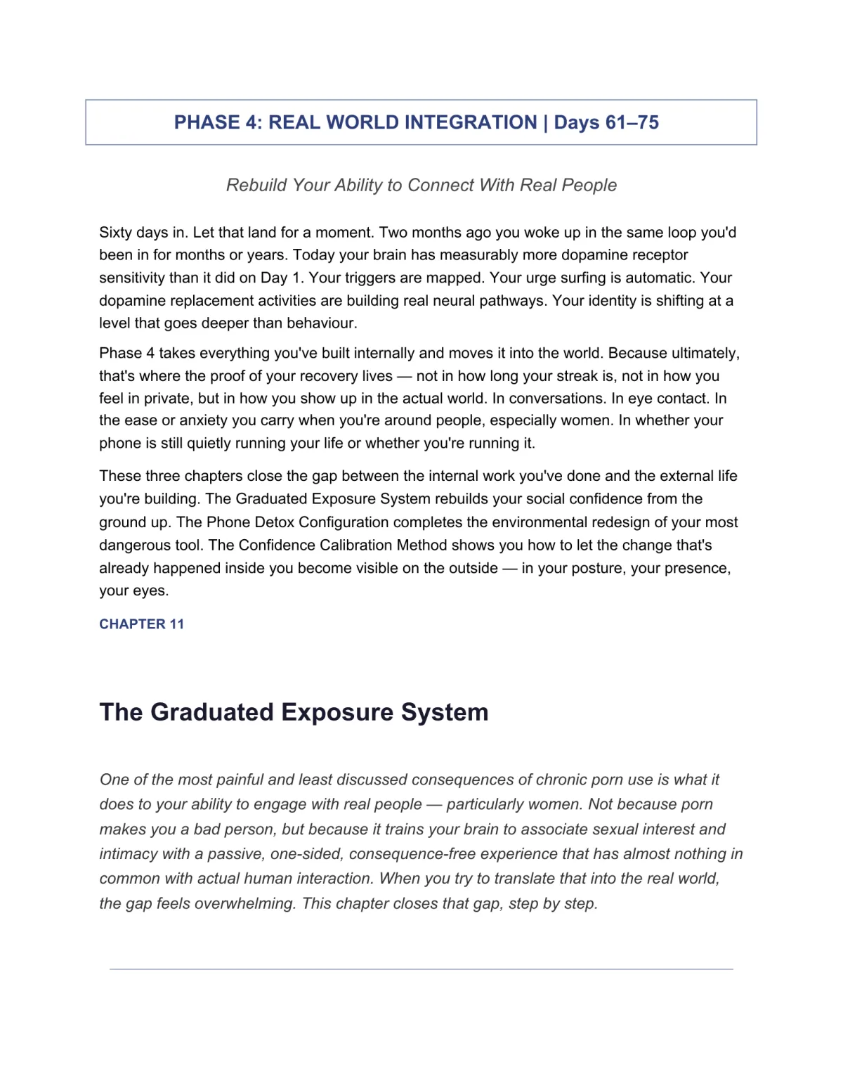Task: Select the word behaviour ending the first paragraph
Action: [x=322, y=323]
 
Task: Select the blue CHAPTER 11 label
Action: [x=141, y=624]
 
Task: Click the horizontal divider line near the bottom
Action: [x=421, y=969]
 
